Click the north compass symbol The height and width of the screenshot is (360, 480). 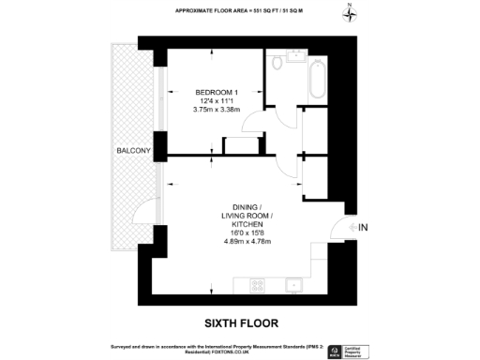pyautogui.click(x=350, y=13)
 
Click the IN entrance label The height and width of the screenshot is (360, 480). pyautogui.click(x=364, y=228)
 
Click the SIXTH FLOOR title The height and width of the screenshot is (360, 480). pyautogui.click(x=242, y=323)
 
